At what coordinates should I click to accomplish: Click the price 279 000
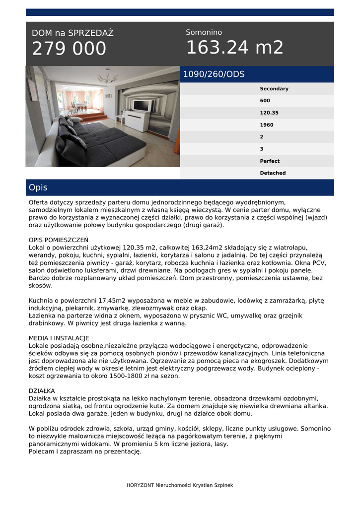[69, 49]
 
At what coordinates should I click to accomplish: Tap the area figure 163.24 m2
[234, 48]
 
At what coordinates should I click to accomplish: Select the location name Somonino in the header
[204, 32]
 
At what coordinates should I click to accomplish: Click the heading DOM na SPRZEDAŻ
[72, 33]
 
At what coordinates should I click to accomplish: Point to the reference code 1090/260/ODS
[214, 74]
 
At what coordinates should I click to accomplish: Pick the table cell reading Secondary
[274, 89]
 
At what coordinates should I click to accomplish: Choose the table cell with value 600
[265, 101]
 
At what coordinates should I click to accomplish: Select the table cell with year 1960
[267, 125]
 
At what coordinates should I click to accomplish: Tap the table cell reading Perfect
[270, 161]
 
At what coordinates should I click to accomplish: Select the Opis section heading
[38, 188]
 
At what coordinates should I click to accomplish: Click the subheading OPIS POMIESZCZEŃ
[59, 240]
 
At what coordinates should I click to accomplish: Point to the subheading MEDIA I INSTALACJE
[59, 338]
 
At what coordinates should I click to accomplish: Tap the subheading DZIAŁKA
[42, 391]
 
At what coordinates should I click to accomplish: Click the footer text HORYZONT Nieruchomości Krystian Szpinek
[180, 485]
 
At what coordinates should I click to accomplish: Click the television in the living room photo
[142, 105]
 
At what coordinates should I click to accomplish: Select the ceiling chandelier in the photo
[106, 77]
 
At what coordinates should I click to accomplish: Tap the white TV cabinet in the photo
[136, 120]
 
